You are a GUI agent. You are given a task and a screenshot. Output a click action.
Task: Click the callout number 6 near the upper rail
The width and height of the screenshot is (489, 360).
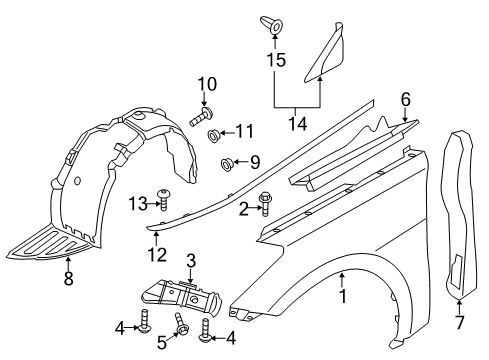pyautogui.click(x=405, y=98)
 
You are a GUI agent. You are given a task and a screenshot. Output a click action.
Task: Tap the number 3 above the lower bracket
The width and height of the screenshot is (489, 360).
pyautogui.click(x=188, y=260)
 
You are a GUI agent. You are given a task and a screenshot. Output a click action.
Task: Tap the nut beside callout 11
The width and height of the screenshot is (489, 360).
pyautogui.click(x=213, y=133)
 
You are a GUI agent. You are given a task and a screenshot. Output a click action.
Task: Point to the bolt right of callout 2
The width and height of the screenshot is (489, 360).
pyautogui.click(x=266, y=200)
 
